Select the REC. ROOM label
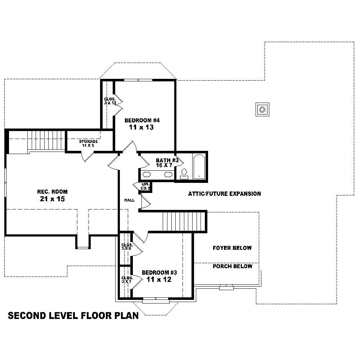52,192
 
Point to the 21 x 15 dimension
53,199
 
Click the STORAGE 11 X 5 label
89,143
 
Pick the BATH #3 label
167,161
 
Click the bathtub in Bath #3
199,167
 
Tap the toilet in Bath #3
184,173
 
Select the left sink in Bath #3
147,175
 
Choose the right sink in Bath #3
168,175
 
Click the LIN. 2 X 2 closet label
145,186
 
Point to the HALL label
129,200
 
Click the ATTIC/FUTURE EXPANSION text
224,194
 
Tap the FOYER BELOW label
232,248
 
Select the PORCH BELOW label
232,266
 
